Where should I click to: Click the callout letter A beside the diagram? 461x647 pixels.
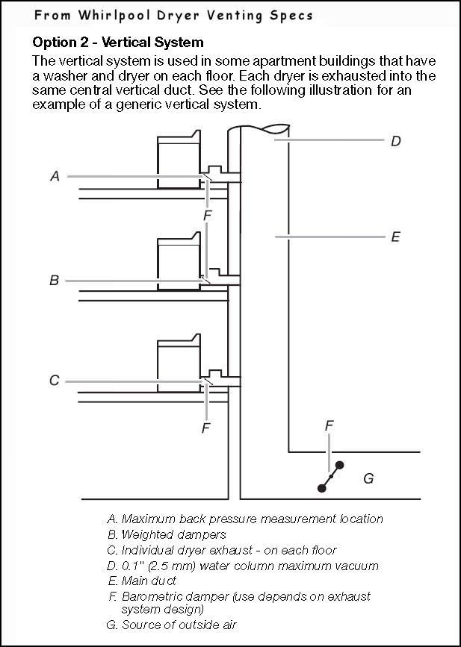coord(55,176)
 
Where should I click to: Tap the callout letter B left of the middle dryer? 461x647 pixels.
coord(54,281)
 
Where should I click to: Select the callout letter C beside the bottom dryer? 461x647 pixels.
coord(54,381)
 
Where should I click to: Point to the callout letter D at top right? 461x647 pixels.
coord(396,140)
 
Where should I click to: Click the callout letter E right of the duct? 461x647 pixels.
coord(396,237)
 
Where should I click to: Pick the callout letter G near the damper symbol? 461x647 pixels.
coord(368,478)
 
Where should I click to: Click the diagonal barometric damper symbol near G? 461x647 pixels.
coord(331,476)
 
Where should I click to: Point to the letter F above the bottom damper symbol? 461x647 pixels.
coord(329,425)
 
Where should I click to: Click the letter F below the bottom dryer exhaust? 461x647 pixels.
coord(206,428)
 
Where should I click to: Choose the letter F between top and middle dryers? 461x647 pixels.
coord(208,215)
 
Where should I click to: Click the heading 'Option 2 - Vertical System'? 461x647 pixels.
coord(118,43)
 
